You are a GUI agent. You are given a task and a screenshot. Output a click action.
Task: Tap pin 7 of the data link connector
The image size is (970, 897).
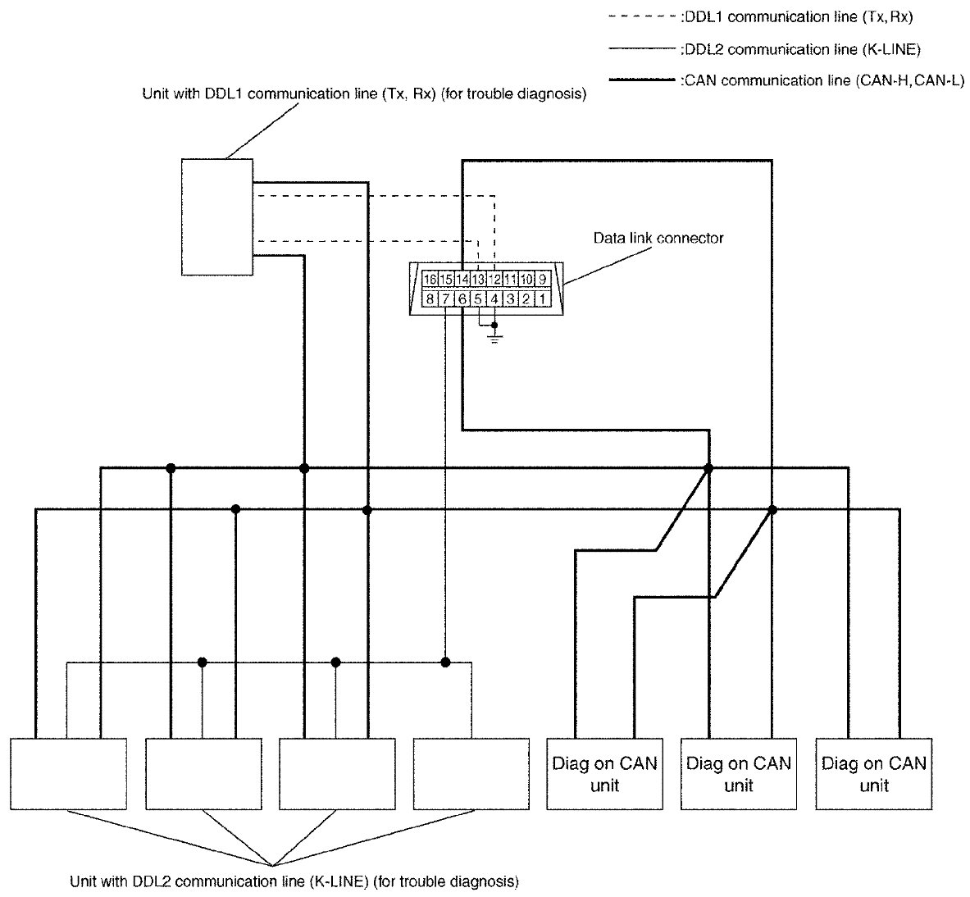coord(445,298)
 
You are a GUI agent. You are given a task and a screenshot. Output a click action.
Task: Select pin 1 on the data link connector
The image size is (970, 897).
coord(542,298)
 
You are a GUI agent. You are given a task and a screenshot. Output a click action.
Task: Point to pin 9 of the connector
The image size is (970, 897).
coord(542,279)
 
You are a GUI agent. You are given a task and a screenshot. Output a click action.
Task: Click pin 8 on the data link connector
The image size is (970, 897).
coord(430,298)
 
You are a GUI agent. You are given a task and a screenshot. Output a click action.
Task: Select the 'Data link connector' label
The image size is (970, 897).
coord(658,239)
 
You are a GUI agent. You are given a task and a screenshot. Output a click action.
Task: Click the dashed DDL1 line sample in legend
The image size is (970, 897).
coord(643,16)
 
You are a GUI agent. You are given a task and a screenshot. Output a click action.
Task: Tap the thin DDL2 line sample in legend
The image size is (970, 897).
coord(643,49)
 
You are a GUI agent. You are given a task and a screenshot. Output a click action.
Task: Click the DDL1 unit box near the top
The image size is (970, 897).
coord(217,216)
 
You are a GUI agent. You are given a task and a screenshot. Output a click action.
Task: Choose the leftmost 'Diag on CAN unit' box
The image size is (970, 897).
coord(603,774)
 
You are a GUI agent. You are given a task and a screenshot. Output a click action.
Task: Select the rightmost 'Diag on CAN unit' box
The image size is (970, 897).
coord(874,774)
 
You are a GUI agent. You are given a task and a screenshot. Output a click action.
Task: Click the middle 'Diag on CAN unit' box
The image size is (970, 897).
coord(738,774)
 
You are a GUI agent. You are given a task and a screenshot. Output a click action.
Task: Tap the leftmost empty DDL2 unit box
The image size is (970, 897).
coord(69,774)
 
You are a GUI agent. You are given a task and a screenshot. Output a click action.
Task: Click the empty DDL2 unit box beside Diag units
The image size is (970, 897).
coord(471,774)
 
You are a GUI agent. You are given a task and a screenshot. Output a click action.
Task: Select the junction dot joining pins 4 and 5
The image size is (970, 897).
coord(494,325)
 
